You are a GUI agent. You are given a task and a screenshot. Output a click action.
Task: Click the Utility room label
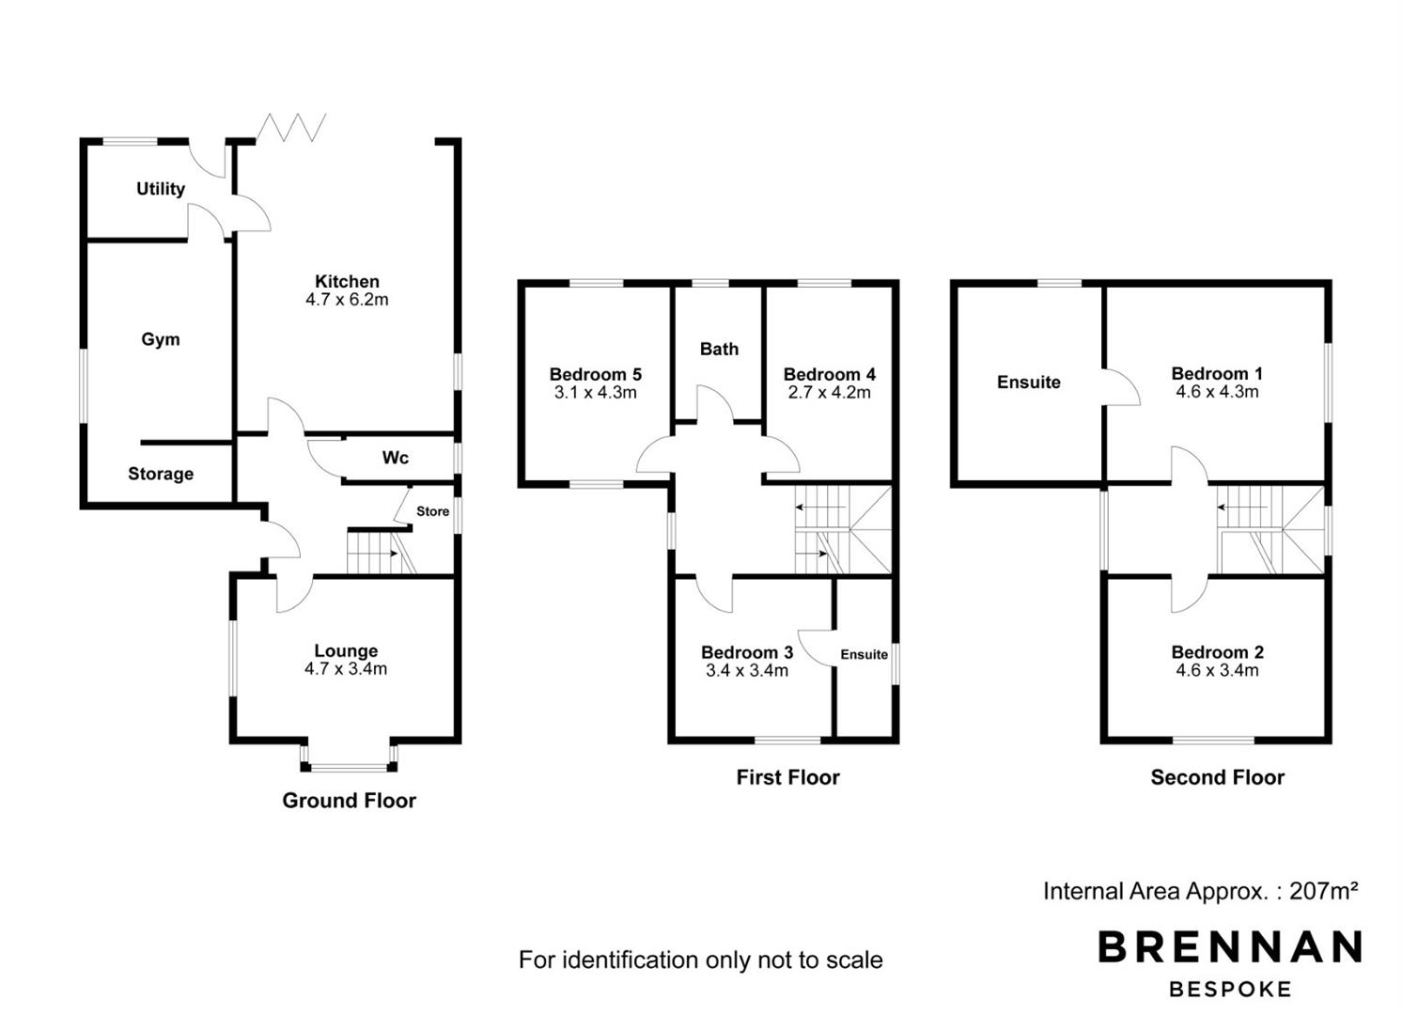click(x=161, y=189)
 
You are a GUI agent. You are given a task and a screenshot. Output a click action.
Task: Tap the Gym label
click(x=161, y=339)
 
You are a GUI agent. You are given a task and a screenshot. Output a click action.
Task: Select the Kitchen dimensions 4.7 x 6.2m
click(x=347, y=299)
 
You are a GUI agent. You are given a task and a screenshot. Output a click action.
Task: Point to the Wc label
click(x=396, y=458)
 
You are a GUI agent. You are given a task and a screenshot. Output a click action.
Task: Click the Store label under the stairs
click(x=432, y=511)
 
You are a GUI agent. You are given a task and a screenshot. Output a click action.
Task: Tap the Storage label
click(x=161, y=474)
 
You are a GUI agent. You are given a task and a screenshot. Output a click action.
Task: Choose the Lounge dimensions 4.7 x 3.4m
click(x=346, y=669)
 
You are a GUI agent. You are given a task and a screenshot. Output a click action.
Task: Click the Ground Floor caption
click(x=350, y=800)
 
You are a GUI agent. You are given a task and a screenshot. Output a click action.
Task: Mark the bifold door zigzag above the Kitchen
click(x=291, y=127)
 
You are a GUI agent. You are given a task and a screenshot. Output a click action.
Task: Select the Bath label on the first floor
click(x=719, y=349)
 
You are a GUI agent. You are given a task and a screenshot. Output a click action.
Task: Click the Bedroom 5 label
click(x=596, y=374)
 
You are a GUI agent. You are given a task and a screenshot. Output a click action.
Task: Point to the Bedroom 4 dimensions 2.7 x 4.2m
click(x=830, y=393)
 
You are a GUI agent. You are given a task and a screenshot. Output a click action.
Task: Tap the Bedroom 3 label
click(x=747, y=652)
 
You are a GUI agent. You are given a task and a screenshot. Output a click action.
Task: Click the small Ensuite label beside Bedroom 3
click(x=865, y=654)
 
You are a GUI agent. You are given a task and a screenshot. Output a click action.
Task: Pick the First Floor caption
click(x=788, y=777)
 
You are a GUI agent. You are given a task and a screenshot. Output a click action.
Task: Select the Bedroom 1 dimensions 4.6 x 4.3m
click(x=1218, y=392)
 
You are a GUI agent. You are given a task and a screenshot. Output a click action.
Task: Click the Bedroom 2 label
click(x=1218, y=652)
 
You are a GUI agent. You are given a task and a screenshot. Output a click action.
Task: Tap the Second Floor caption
click(x=1218, y=777)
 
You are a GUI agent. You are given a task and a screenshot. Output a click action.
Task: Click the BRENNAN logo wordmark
click(x=1230, y=946)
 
